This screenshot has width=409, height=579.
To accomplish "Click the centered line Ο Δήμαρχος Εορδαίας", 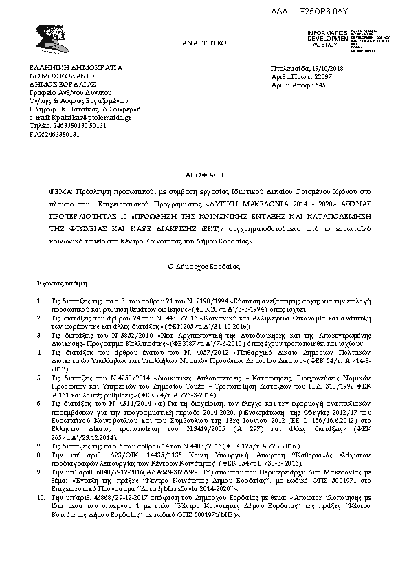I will (205, 265).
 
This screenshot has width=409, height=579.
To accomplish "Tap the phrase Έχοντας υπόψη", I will (57, 283).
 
